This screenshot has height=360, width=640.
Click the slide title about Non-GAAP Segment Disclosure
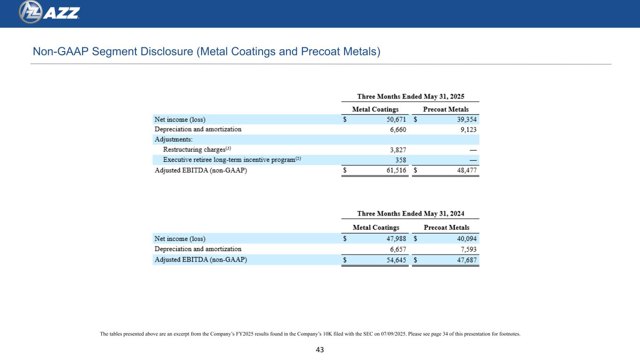click(x=206, y=52)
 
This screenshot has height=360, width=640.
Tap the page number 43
click(x=320, y=350)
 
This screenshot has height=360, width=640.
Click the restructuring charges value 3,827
click(x=397, y=150)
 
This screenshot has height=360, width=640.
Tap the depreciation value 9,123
click(x=467, y=129)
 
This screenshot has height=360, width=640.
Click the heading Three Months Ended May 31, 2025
click(x=411, y=96)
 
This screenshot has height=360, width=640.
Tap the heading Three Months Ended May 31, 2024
click(x=411, y=213)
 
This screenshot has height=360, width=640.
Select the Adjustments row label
click(x=173, y=140)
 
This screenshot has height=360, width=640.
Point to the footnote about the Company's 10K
click(x=310, y=334)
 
